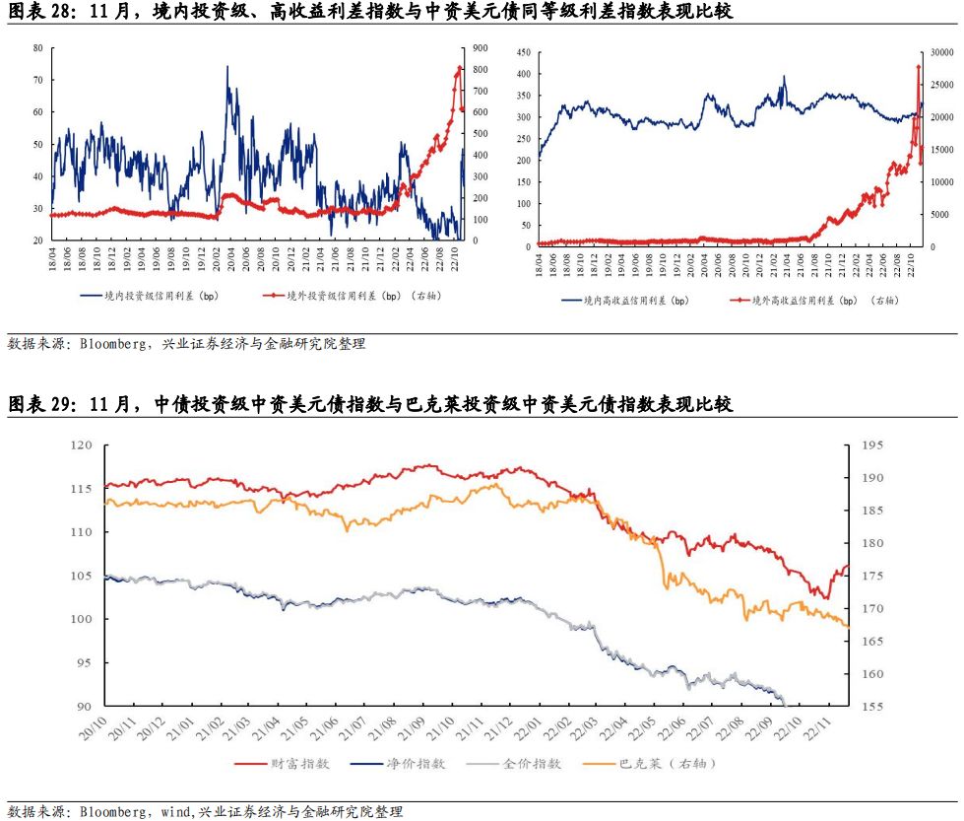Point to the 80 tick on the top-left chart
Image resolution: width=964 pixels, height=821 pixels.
tap(37, 47)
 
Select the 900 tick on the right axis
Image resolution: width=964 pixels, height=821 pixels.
tap(480, 47)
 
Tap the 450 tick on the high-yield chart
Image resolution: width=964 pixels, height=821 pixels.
tap(523, 52)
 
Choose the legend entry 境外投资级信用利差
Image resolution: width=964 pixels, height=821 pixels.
tap(345, 295)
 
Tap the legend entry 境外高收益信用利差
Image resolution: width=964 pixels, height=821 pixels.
tap(817, 301)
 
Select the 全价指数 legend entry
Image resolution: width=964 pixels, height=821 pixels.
tap(532, 763)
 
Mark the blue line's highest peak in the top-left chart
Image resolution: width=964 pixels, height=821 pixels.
tap(227, 66)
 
